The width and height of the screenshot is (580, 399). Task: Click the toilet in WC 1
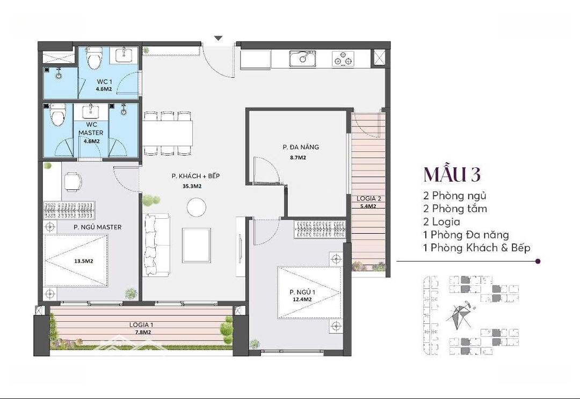93,58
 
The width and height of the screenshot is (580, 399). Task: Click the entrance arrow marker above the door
219,38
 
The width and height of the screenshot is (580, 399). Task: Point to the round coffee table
196,207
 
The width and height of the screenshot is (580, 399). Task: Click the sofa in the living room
156,245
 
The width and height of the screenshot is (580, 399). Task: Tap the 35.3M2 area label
192,186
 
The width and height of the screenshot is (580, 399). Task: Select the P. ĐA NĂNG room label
301,147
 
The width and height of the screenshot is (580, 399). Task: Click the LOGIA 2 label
368,199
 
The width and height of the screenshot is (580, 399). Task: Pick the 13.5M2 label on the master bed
84,261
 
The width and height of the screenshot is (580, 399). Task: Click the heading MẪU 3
452,175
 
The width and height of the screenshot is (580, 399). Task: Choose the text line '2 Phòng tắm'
455,209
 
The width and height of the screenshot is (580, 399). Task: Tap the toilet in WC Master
57,115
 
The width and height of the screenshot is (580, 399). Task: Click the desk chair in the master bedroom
73,182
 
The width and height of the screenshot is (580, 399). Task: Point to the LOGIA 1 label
141,325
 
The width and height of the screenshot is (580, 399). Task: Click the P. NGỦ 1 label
302,292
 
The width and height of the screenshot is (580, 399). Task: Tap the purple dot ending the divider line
538,261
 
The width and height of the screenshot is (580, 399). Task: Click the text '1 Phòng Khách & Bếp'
477,248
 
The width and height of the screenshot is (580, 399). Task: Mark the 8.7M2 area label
298,158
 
